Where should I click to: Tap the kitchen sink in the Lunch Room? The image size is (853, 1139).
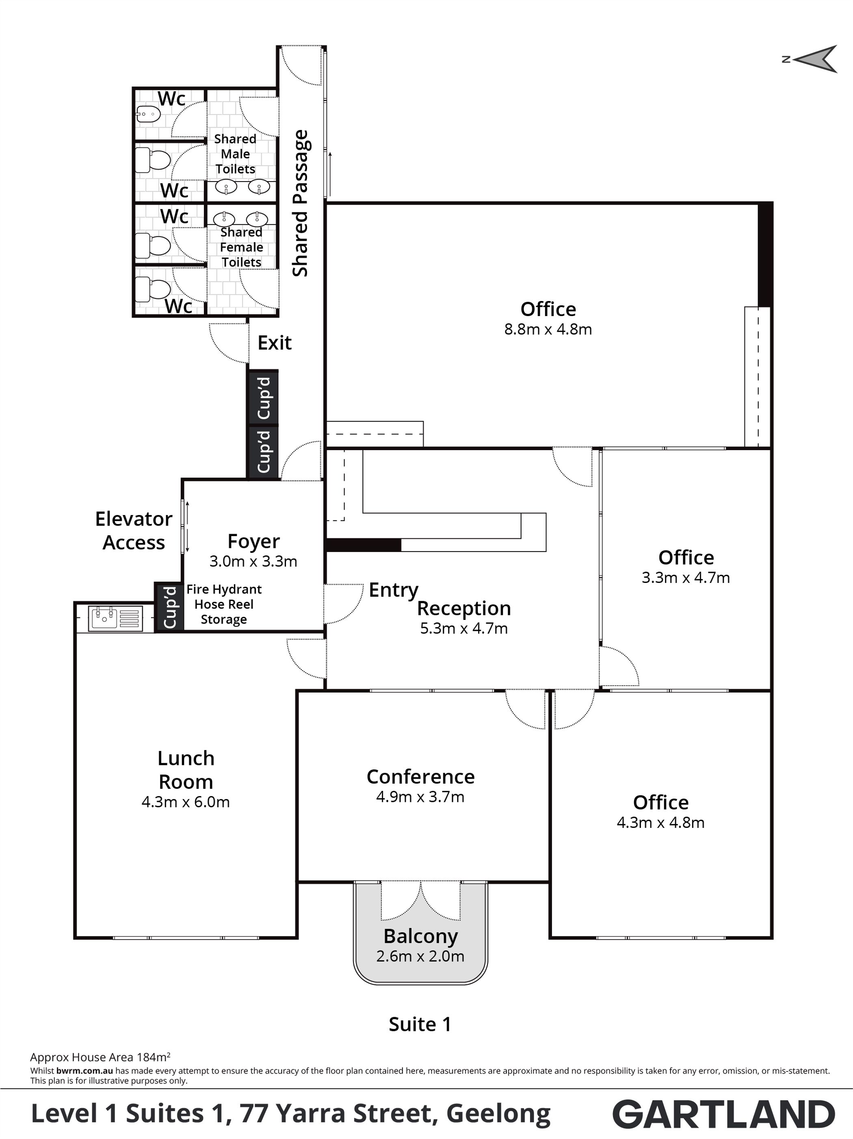pos(115,618)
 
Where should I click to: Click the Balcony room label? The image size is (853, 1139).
pos(420,937)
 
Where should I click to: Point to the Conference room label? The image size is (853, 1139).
pos(420,777)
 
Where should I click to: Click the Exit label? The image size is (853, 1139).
pos(274,342)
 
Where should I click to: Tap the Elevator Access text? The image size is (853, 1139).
pos(134,531)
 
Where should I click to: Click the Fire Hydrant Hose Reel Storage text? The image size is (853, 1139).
pos(224,604)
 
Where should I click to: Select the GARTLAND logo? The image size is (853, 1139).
pos(724,1114)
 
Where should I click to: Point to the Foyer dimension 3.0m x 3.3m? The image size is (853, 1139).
pos(253,561)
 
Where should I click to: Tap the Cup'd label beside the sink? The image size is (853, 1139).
pos(169,607)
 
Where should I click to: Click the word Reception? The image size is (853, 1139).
pos(464,608)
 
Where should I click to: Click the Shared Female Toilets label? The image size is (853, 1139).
pos(241,247)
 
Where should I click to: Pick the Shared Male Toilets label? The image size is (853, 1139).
pos(235,154)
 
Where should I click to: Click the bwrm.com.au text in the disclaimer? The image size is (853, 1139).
pos(84,1070)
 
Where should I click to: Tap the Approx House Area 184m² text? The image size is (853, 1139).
pos(100,1057)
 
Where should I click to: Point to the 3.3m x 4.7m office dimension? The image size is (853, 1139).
pos(686,578)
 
